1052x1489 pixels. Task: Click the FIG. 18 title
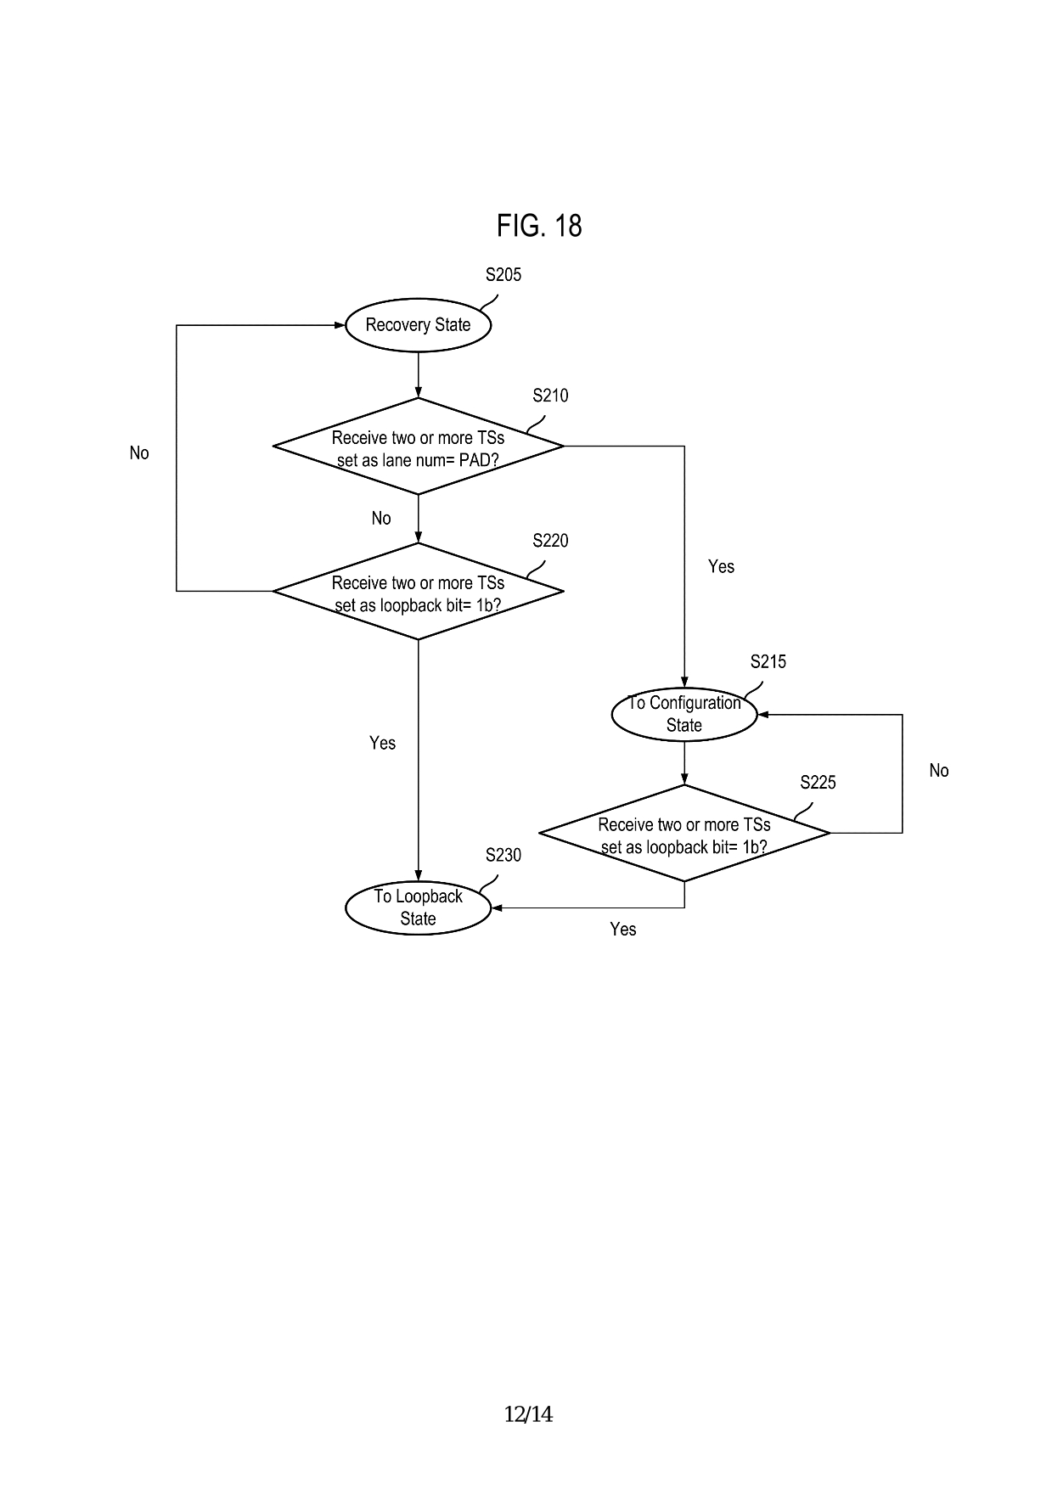[539, 226]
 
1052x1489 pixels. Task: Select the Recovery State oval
[418, 325]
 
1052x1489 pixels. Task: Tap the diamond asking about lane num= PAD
[418, 447]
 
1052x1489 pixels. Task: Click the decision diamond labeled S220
[418, 592]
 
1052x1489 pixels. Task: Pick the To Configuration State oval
[684, 714]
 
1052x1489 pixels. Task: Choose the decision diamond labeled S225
[684, 834]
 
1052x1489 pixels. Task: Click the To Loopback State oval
[418, 907]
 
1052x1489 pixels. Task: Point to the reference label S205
[503, 275]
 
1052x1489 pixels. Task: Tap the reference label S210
[550, 396]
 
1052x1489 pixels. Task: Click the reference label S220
[550, 541]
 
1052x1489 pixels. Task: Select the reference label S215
[768, 662]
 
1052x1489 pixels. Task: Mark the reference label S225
[818, 783]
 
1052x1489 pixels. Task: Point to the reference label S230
[503, 856]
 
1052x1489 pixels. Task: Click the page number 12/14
[528, 1414]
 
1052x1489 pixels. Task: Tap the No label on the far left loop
[139, 453]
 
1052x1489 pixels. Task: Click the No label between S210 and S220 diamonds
[381, 519]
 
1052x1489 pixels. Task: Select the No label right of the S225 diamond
[938, 771]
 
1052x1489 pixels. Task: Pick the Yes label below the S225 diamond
[622, 930]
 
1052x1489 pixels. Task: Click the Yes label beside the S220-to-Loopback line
[382, 744]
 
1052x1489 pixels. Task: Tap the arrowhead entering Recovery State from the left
[340, 325]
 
